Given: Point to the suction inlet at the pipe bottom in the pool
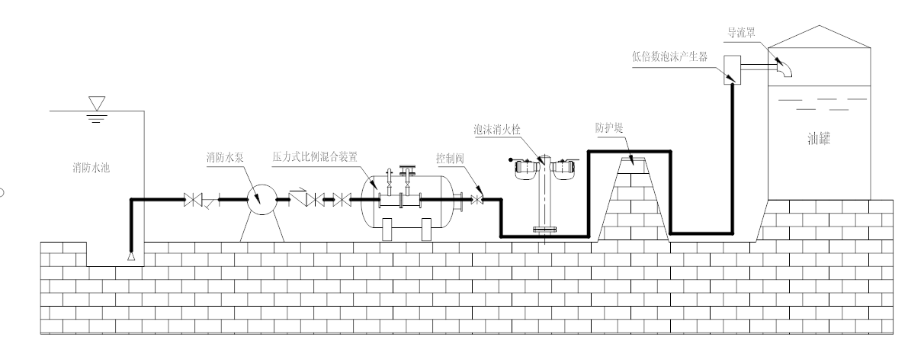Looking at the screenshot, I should (130, 256).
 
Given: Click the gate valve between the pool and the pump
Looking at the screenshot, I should (193, 201).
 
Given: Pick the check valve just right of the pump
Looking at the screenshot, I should (299, 201).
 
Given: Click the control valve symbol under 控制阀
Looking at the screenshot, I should (477, 201).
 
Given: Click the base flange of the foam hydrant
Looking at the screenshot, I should (547, 229).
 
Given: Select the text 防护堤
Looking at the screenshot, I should (609, 127).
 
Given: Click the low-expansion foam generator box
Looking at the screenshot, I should (733, 69).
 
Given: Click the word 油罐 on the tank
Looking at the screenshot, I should (823, 140).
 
